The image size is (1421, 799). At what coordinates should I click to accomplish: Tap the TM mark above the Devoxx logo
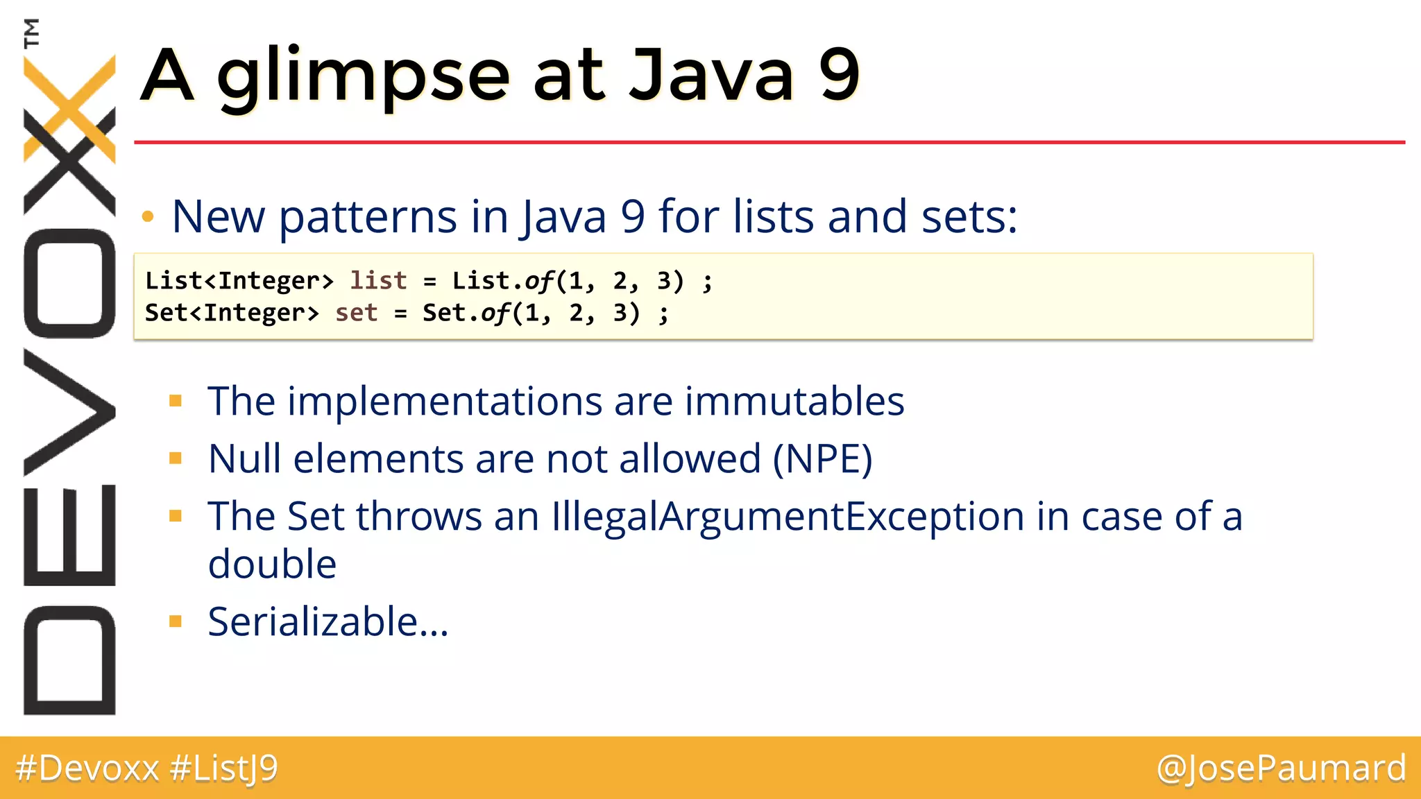[31, 33]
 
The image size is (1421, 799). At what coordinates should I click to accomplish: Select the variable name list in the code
[378, 280]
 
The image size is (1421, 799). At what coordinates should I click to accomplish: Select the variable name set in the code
[356, 313]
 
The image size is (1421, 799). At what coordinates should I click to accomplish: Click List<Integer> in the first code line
[239, 280]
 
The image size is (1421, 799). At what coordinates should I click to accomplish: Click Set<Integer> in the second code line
[232, 313]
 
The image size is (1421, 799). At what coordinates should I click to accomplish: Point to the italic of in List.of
[538, 280]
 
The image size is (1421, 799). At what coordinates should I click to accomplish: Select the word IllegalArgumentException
[788, 517]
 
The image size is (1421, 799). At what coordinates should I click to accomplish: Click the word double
[272, 563]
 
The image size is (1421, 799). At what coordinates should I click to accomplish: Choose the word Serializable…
[328, 621]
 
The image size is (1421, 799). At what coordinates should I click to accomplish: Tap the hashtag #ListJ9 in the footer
[223, 768]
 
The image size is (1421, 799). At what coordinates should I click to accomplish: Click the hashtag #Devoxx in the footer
[87, 768]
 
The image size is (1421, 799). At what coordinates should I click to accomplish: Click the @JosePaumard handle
[1281, 768]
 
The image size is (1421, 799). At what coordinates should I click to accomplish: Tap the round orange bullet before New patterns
[147, 217]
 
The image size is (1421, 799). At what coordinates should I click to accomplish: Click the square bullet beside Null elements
[176, 458]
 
